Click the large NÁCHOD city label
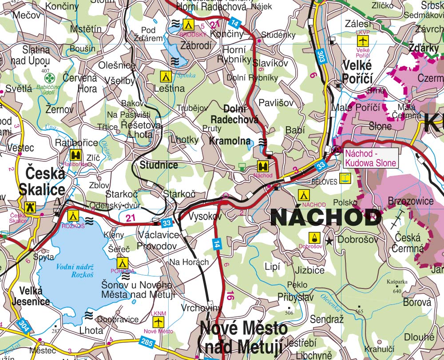[x=325, y=218]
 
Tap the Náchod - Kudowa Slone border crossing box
[x=370, y=158]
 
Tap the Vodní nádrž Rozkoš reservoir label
[x=74, y=271]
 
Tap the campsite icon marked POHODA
[x=123, y=262]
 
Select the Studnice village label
[x=159, y=165]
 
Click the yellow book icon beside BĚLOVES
[x=345, y=179]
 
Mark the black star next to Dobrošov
[x=329, y=241]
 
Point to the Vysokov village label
[x=204, y=217]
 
